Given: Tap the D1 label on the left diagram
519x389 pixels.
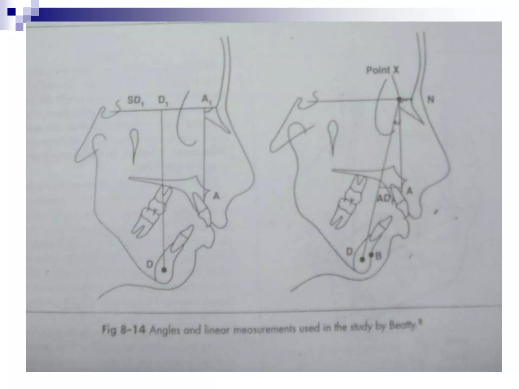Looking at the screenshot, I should coord(163,101).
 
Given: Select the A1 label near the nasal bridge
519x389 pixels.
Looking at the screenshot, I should coord(206,100).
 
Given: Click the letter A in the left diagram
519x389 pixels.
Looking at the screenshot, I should coord(216,196).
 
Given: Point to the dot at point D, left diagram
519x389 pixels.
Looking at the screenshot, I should coord(164,270).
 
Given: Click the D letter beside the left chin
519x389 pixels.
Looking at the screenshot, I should coord(150,264).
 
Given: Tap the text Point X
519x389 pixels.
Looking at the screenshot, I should coord(382,70).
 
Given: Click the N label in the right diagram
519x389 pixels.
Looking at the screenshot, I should coord(431,100).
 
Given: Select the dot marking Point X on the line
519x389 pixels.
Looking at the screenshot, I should coord(399,100).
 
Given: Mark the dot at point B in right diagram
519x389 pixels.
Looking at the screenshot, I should coord(371,255).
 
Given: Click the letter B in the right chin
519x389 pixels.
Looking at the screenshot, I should coord(378,256).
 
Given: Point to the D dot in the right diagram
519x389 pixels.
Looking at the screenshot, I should coord(362,259).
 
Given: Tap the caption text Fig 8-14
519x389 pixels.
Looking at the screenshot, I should coord(123,330).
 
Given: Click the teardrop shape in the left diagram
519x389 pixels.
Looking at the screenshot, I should coord(134,142).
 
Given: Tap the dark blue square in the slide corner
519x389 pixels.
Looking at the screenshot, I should coord(11,12).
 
